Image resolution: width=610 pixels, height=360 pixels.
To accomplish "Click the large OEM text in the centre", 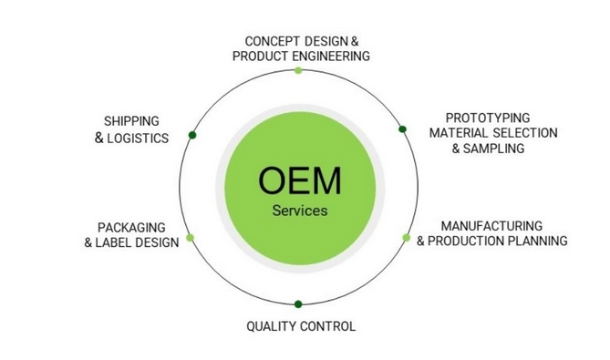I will pyautogui.click(x=299, y=180).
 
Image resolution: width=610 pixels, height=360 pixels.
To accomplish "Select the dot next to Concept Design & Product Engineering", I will pyautogui.click(x=298, y=70).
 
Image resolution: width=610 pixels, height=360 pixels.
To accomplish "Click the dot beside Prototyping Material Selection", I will pyautogui.click(x=402, y=129).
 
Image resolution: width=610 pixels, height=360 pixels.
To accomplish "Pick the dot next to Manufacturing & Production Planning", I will pyautogui.click(x=407, y=238).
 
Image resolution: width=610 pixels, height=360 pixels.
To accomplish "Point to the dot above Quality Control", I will pyautogui.click(x=298, y=303).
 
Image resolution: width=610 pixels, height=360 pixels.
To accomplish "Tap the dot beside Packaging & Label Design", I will pyautogui.click(x=190, y=238).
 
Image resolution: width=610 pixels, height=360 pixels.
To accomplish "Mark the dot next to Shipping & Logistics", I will pyautogui.click(x=192, y=135).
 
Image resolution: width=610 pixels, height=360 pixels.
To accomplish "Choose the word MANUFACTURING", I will pyautogui.click(x=491, y=225).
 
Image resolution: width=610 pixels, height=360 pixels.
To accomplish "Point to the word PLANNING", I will pyautogui.click(x=537, y=241).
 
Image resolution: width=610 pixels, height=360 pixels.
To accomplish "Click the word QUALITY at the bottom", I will pyautogui.click(x=271, y=326).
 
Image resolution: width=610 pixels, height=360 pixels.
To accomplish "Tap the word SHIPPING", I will pyautogui.click(x=131, y=121).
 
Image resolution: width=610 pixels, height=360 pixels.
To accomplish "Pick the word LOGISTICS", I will pyautogui.click(x=139, y=138).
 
